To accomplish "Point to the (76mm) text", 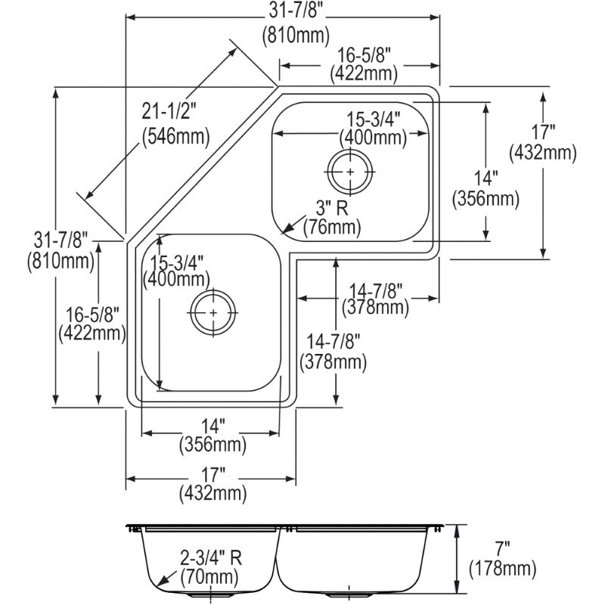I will pos(331,225).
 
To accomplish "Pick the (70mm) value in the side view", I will pos(209,579).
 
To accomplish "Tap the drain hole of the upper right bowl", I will pos(349,172).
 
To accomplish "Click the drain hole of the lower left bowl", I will pos(213,311).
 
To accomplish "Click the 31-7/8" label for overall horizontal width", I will pos(284,11).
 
